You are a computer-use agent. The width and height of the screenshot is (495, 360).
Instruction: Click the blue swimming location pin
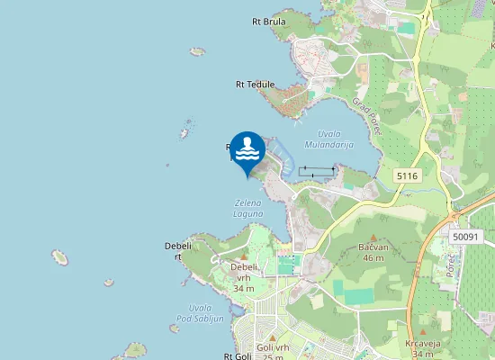pos(247,151)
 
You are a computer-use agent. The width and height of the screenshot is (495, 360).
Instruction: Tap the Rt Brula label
pos(269,22)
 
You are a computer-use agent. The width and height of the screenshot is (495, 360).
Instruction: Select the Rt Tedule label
pos(255,85)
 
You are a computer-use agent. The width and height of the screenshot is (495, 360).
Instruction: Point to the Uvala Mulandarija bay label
pos(329,139)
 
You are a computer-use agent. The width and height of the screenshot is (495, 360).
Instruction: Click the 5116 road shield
pos(407,176)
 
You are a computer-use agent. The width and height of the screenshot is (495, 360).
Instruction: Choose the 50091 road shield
pos(465,236)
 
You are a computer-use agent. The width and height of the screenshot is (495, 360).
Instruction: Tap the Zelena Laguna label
pos(248,208)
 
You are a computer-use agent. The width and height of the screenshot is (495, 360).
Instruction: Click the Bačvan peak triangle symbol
pos(373,236)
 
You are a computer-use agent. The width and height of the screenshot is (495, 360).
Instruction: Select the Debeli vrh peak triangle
pos(243,256)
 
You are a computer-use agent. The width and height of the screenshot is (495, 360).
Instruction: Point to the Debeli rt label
pos(174,250)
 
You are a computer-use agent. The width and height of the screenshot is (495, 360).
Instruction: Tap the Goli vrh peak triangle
pos(272,337)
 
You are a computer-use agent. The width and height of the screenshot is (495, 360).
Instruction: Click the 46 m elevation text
pos(373,257)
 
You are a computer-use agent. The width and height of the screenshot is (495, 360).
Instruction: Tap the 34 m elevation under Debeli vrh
pos(243,288)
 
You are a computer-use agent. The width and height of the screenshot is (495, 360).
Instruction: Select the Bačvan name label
pos(373,247)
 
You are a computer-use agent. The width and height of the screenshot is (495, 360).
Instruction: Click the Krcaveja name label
pos(421,344)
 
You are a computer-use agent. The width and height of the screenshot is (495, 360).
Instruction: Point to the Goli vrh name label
pos(272,347)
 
